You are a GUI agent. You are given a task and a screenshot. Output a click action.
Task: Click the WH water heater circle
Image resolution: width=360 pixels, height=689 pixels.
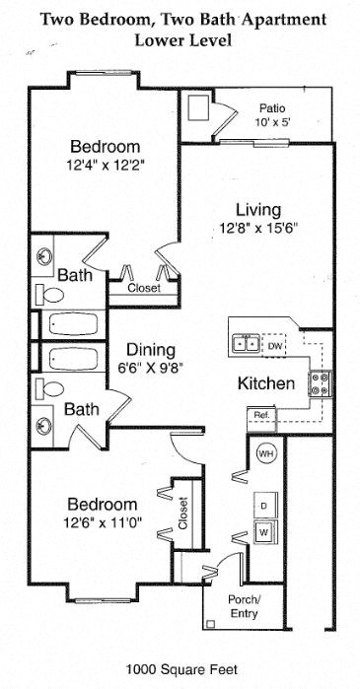coord(265,453)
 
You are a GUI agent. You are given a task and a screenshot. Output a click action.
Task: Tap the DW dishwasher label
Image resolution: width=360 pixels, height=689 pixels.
coord(276,346)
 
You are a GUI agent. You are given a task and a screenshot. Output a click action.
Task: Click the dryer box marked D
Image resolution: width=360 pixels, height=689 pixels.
coord(264,504)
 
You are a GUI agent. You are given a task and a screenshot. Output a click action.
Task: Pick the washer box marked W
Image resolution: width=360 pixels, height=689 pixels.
coord(264,533)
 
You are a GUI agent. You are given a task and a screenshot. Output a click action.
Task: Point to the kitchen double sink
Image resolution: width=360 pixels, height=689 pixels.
coord(246,344)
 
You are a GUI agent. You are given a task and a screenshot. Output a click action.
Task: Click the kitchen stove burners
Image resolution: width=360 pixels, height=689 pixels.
coord(321,382)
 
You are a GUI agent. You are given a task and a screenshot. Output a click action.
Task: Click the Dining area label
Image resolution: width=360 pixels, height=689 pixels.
coord(151,350)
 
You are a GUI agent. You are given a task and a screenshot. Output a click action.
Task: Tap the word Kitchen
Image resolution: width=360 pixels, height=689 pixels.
coord(266,382)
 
